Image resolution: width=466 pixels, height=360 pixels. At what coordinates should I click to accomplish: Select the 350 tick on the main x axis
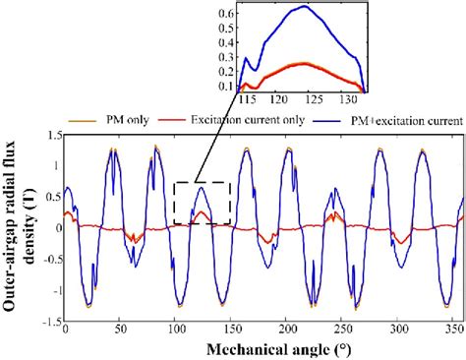pos(451,331)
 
